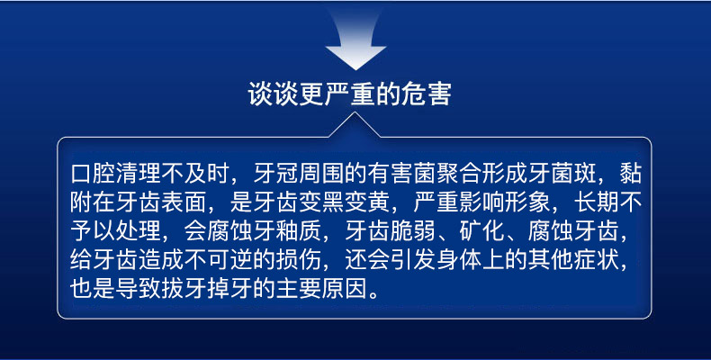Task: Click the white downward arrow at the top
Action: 355,43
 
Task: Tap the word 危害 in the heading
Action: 427,94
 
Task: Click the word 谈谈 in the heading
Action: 273,94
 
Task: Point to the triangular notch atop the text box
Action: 355,125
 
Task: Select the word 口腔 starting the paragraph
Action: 93,173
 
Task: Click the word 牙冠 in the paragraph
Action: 276,173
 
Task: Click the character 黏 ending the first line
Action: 631,173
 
